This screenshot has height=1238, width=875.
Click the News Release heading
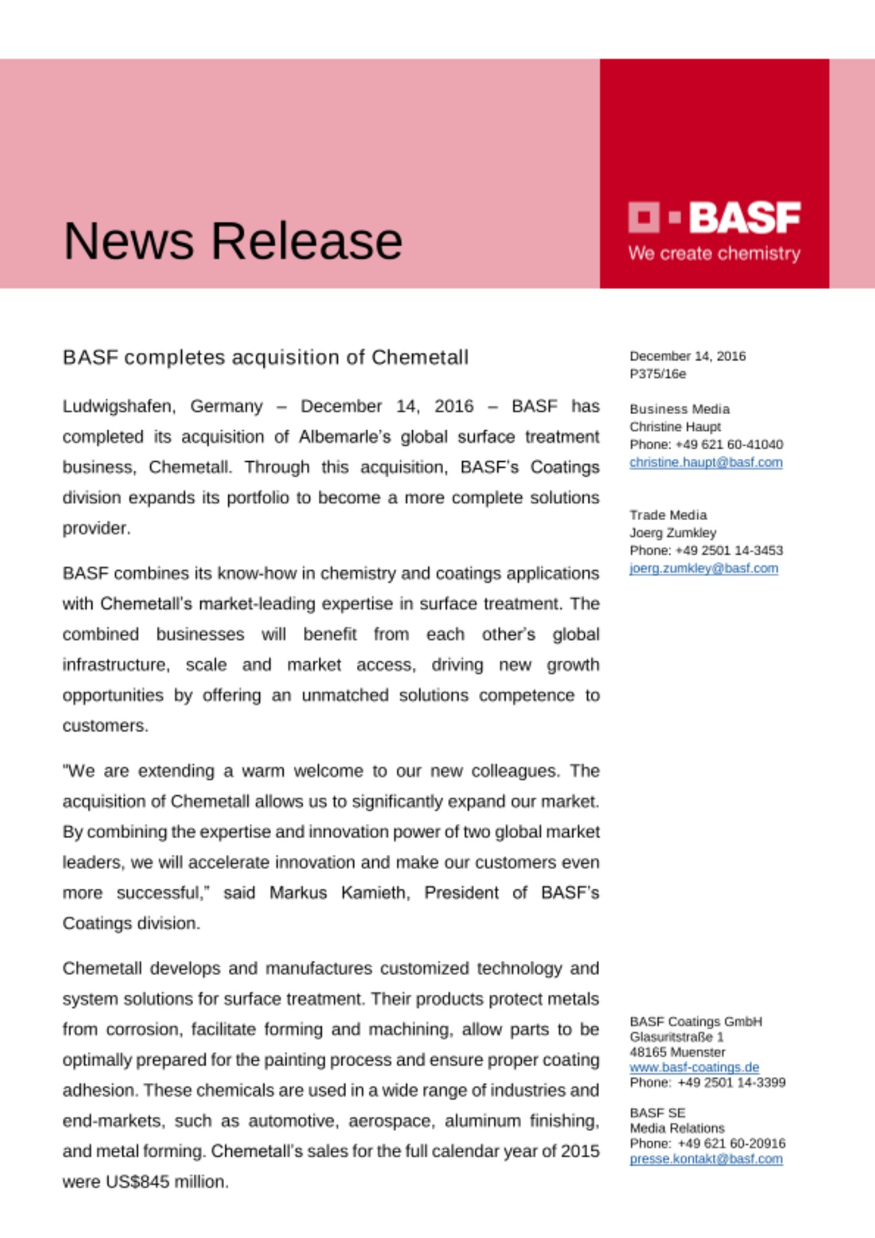point(233,241)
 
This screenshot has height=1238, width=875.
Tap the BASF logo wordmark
point(744,217)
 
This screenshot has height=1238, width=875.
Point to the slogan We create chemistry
point(714,253)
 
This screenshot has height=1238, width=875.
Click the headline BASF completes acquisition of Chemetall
point(265,357)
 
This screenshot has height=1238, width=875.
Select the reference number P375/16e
point(657,374)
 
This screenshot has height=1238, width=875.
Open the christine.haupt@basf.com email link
point(706,462)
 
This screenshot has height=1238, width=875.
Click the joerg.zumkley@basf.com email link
point(704,568)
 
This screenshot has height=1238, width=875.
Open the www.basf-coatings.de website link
point(694,1067)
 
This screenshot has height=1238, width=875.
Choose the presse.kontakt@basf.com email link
point(706,1159)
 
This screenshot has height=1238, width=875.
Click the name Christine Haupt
point(675,426)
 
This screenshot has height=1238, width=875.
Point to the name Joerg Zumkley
point(673,532)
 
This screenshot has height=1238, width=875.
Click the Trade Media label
point(668,515)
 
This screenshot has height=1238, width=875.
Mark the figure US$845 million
point(166,1182)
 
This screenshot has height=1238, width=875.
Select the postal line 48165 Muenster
point(677,1052)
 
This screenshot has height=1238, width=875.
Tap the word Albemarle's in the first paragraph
point(345,436)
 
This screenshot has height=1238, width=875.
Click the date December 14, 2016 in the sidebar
point(687,356)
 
